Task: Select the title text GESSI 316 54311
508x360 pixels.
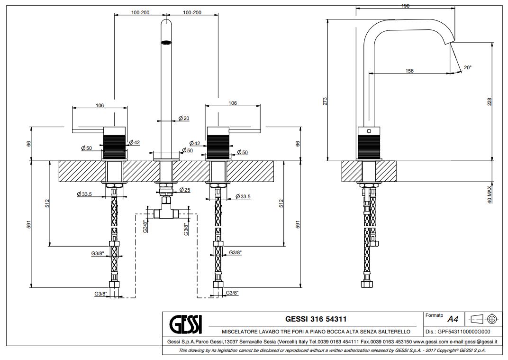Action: [x=312, y=319]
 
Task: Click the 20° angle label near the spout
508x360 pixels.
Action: [x=467, y=68]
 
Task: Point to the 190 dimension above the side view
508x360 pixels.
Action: [x=405, y=6]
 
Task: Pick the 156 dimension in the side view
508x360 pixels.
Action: [x=409, y=71]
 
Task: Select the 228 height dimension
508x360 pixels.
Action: [x=490, y=101]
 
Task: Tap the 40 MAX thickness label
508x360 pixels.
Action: [x=490, y=194]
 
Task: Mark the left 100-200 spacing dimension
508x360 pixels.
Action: [x=140, y=13]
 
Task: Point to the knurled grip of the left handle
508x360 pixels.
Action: [x=114, y=143]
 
